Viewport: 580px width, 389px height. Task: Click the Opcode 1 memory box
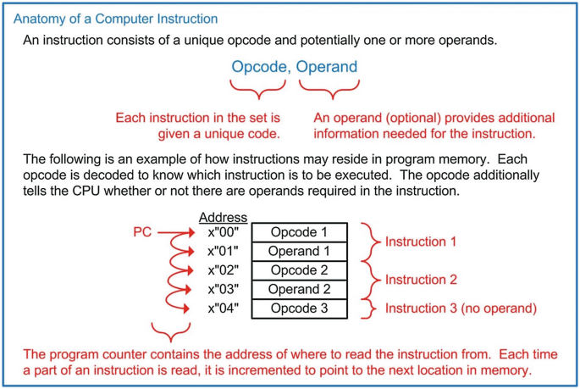(298, 232)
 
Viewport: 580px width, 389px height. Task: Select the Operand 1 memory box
(298, 251)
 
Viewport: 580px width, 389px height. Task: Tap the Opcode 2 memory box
(298, 270)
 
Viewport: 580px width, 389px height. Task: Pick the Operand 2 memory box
(298, 289)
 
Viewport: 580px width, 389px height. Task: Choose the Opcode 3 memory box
(298, 308)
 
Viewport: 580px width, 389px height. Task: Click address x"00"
(224, 232)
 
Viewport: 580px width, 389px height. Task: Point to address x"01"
(224, 251)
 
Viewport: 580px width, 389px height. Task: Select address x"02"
(224, 270)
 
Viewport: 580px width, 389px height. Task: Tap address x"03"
(224, 289)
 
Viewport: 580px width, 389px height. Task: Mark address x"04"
(224, 308)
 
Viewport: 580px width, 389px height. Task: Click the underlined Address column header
(223, 217)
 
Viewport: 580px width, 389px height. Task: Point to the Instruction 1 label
(421, 242)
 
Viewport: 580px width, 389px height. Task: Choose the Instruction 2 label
(421, 279)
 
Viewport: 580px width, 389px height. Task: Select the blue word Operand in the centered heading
(327, 67)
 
